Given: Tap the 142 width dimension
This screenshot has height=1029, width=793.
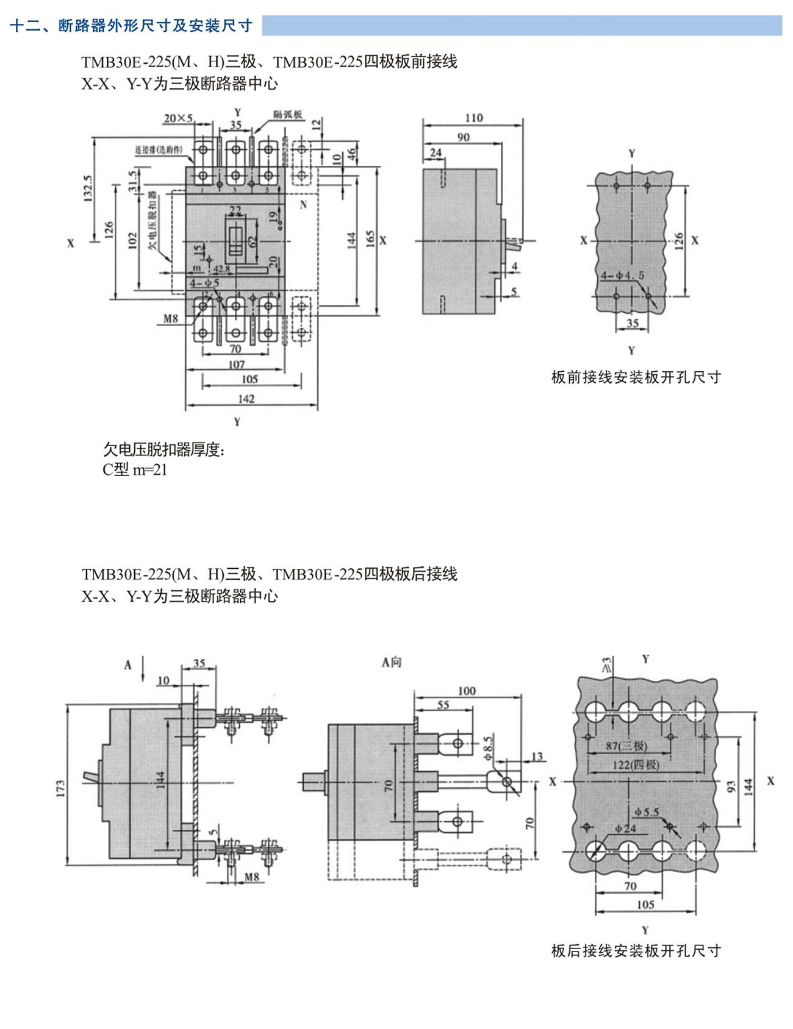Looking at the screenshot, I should (246, 399).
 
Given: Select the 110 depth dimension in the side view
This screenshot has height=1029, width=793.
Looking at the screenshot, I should (473, 118).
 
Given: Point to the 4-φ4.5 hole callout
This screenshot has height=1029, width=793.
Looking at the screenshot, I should (622, 276).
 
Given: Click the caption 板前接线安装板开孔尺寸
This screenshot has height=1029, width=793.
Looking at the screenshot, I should (636, 377).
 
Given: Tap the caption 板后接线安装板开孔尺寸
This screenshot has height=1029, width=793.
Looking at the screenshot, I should (636, 950).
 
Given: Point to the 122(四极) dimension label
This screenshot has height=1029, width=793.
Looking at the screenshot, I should (636, 764).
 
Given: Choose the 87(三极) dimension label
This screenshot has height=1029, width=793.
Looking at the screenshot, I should (626, 746).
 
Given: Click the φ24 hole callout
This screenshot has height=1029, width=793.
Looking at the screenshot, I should (626, 828).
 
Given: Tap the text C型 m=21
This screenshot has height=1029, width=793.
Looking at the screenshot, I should (135, 469).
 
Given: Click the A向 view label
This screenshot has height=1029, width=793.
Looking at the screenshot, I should (392, 662).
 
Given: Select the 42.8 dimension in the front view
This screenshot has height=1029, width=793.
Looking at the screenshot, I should (221, 268).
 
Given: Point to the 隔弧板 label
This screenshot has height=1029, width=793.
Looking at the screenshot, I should (288, 114).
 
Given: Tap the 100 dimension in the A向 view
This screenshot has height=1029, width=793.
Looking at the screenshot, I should (466, 691).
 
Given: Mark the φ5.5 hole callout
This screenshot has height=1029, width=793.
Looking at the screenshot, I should (647, 812).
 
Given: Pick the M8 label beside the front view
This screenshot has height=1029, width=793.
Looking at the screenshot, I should (171, 318).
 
